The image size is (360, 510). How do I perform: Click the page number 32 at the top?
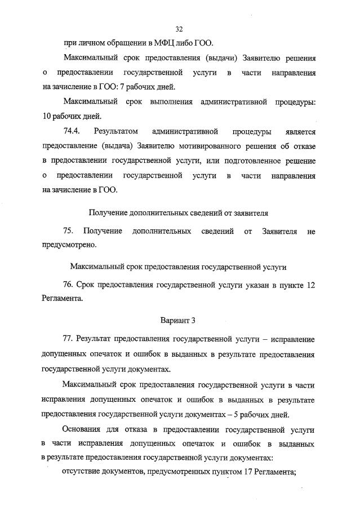click(180, 29)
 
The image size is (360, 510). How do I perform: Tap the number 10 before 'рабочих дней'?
click(47, 117)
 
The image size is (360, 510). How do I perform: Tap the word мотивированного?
click(221, 147)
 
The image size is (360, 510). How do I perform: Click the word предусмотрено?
click(69, 246)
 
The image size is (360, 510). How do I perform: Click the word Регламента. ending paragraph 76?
click(62, 299)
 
